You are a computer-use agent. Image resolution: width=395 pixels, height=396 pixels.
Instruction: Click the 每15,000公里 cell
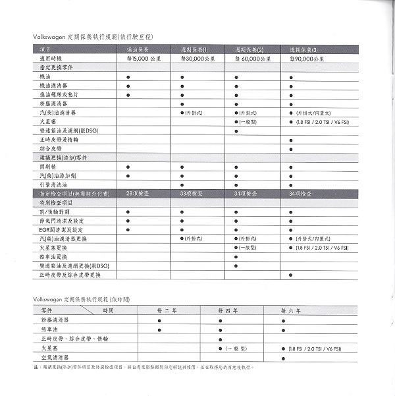click(140, 59)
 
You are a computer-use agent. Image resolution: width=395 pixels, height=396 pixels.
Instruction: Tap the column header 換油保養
click(138, 49)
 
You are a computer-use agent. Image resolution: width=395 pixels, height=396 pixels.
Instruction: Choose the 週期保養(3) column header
click(303, 49)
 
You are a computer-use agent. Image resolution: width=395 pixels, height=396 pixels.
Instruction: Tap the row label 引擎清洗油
click(52, 184)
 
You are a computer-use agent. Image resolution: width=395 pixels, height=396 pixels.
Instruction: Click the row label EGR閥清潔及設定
click(59, 229)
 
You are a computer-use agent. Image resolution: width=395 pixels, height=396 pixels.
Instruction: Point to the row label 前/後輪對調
click(55, 212)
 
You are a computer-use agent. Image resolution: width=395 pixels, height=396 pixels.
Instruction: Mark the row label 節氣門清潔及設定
click(59, 220)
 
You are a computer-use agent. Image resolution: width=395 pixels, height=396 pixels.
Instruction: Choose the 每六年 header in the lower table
click(291, 309)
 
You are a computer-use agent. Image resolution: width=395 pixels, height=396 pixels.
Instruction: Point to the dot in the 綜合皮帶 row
click(291, 150)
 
